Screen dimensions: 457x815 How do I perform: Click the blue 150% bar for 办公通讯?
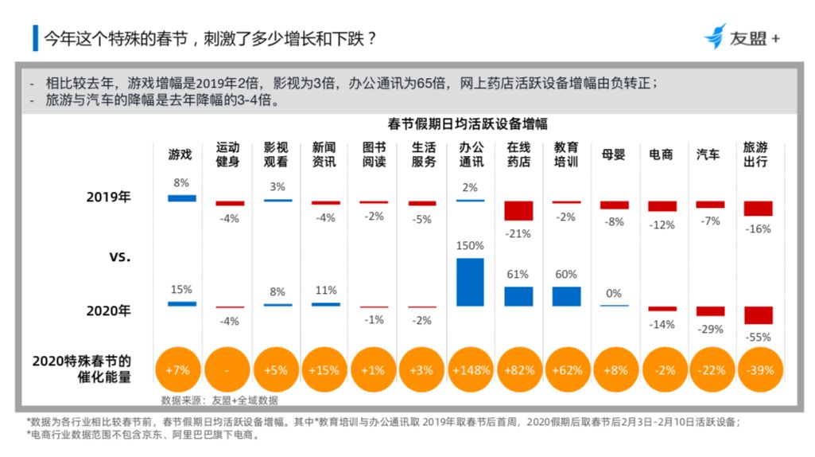point(470,282)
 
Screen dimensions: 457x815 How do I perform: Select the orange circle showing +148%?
point(470,370)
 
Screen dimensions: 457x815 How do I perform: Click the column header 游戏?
point(180,154)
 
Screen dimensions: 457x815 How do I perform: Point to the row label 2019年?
point(108,197)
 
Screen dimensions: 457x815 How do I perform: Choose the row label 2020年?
point(108,311)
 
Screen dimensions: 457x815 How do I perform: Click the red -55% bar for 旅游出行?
point(758,315)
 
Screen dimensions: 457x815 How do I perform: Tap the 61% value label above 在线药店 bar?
point(518,275)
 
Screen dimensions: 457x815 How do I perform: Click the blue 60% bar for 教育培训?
point(566,296)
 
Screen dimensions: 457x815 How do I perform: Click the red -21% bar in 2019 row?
point(518,210)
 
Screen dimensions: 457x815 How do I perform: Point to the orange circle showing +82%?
point(518,370)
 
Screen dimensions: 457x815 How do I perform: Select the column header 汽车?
point(708,154)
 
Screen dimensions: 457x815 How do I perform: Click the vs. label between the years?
point(119,257)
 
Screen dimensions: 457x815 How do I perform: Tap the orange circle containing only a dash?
point(227,370)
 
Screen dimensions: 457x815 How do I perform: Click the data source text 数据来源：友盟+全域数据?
point(219,400)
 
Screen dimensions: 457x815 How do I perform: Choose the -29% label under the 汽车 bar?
point(710,328)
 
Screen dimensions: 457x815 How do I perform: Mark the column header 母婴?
point(613,154)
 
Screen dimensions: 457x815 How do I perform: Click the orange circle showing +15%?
point(324,370)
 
